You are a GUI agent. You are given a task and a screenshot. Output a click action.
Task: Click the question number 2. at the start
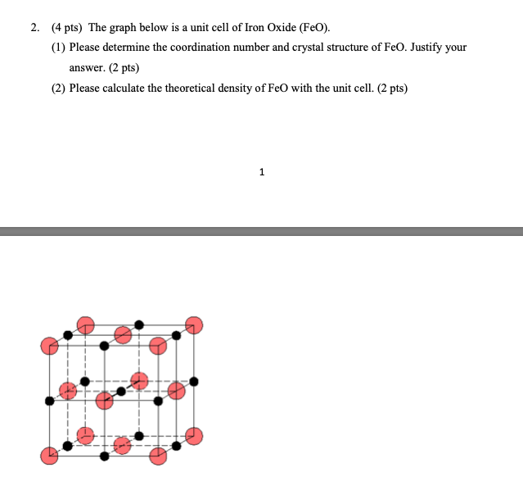(35, 27)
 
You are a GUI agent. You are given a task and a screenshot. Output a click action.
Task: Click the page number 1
(261, 172)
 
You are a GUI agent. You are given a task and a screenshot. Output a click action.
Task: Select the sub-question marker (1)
(58, 47)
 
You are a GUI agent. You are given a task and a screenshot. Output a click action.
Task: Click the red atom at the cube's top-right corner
(194, 324)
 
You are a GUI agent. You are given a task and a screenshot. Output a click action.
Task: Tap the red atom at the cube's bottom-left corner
(49, 456)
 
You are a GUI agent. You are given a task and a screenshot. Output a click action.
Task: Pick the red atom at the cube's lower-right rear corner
(194, 436)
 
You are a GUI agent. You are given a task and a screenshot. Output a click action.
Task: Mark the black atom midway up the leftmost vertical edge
(49, 401)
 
